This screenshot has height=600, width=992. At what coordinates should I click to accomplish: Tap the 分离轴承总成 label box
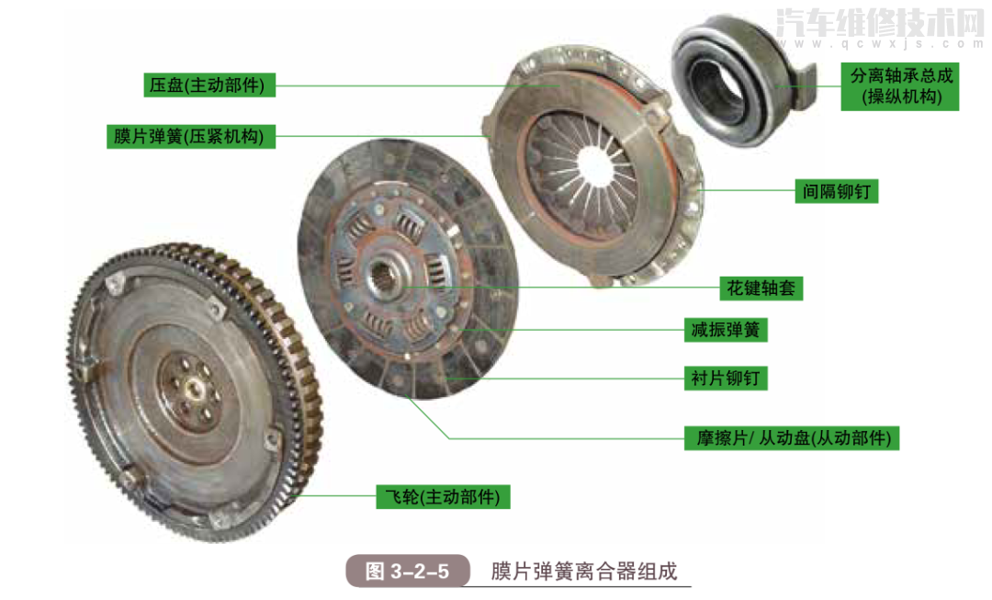(899, 86)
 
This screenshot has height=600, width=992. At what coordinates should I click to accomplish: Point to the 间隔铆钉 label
(835, 191)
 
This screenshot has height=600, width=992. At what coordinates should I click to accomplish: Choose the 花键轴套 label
(761, 288)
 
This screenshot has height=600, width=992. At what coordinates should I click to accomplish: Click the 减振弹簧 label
(725, 329)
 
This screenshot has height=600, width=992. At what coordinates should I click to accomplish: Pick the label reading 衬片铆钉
(725, 378)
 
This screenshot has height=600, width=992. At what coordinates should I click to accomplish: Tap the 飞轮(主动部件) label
(443, 497)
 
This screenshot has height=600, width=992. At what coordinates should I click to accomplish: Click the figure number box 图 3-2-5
(407, 571)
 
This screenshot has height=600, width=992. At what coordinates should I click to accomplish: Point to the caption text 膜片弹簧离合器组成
(583, 571)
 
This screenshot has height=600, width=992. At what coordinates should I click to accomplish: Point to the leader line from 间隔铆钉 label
(744, 190)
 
